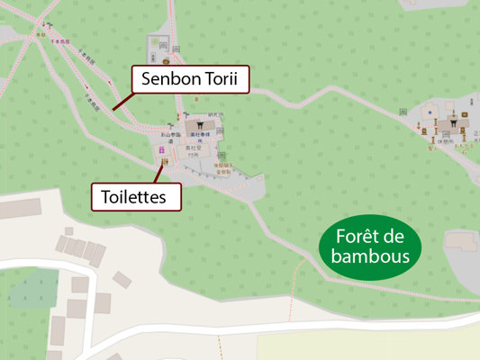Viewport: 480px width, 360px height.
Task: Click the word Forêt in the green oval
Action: pyautogui.click(x=369, y=238)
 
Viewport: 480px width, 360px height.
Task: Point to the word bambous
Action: pyautogui.click(x=370, y=256)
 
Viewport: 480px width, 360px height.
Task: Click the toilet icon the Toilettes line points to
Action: pyautogui.click(x=165, y=162)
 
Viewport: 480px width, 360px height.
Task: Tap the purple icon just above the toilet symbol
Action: pyautogui.click(x=162, y=149)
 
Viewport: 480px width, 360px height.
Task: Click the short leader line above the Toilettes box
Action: pyautogui.click(x=160, y=175)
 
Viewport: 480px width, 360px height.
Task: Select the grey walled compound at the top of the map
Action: pyautogui.click(x=161, y=44)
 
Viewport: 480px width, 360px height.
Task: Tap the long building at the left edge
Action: pyautogui.click(x=20, y=209)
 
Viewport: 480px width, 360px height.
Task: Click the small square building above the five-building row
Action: pyautogui.click(x=68, y=232)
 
